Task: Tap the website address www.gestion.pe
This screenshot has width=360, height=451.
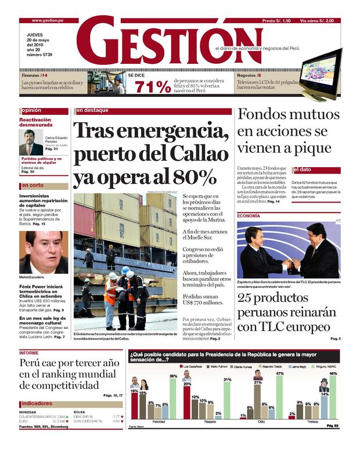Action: pyautogui.click(x=48, y=20)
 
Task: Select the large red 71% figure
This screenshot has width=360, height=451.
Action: pyautogui.click(x=153, y=87)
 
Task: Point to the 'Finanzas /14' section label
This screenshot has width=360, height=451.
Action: pyautogui.click(x=35, y=75)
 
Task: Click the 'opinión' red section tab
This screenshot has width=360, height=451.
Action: pyautogui.click(x=32, y=110)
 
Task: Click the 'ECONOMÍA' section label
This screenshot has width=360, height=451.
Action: pyautogui.click(x=249, y=216)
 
